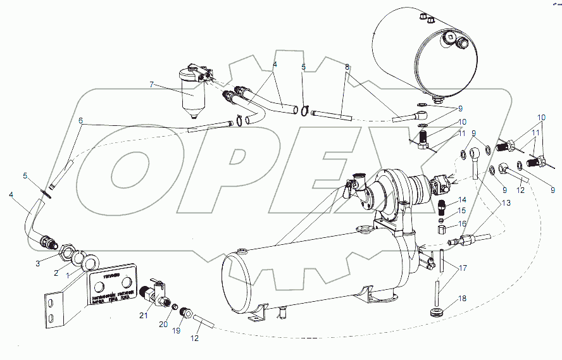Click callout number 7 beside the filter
[151, 84]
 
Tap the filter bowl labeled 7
[192, 96]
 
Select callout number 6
[80, 120]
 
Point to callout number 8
[347, 66]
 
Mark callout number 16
[463, 223]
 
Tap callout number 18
[463, 298]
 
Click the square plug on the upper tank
[450, 36]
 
